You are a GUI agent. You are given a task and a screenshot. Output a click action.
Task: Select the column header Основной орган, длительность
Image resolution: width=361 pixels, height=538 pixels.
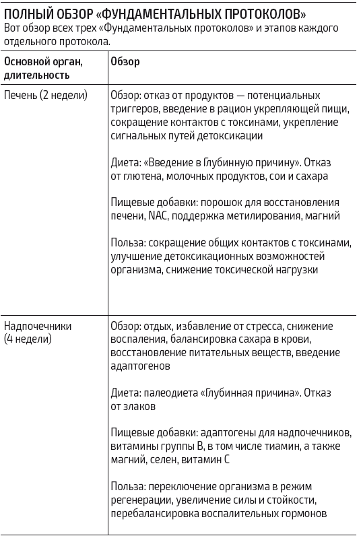[44, 68]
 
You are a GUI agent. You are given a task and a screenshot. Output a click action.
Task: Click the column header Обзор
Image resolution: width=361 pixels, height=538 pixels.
[125, 62]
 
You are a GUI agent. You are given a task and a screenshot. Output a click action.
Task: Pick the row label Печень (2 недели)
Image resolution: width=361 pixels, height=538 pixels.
[46, 95]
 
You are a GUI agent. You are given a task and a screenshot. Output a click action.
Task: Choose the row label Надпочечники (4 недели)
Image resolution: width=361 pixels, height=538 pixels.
[38, 332]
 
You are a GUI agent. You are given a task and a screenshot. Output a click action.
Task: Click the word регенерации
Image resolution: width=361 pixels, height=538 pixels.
[138, 500]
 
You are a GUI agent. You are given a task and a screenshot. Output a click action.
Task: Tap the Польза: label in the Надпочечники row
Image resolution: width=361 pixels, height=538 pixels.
[128, 487]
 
